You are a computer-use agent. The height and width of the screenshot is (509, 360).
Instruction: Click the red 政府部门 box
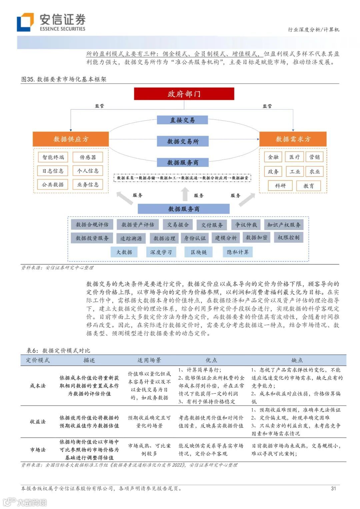184,94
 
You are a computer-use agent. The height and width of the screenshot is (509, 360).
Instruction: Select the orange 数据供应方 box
71,139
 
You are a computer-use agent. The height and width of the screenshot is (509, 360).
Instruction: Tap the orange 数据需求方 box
293,139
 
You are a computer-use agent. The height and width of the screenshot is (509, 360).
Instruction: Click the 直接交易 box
182,120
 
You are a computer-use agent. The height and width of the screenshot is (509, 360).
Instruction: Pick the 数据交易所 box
183,141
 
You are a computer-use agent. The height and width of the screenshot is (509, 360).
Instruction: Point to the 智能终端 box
53,157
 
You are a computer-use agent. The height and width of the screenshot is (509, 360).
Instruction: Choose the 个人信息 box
88,171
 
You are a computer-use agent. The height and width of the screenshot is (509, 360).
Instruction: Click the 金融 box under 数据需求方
273,157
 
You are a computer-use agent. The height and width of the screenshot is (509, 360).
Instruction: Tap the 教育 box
308,186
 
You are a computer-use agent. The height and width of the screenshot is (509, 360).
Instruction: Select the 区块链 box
199,252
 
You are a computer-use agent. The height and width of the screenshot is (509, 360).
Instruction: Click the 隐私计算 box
238,252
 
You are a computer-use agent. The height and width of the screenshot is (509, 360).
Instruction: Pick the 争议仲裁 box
246,225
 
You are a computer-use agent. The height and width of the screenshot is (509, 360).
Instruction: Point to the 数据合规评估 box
92,225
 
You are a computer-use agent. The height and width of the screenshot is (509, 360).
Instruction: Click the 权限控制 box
288,238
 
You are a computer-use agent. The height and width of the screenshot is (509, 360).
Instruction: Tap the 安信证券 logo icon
25,22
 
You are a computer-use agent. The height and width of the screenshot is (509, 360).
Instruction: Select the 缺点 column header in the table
297,360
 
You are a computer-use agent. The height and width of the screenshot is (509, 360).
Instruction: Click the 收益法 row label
38,421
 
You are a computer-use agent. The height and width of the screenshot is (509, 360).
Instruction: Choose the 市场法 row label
38,449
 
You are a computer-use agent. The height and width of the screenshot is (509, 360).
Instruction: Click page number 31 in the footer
333,488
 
